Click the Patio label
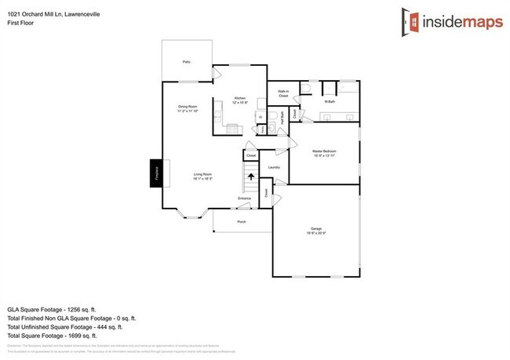tap(187, 61)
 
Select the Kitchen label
tap(239, 100)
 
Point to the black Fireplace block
tap(157, 173)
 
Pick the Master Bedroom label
tap(324, 151)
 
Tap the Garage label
tap(315, 230)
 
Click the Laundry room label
tap(274, 167)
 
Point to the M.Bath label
tap(330, 101)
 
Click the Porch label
tap(242, 222)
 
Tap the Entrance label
tap(245, 198)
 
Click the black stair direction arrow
tap(251, 176)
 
